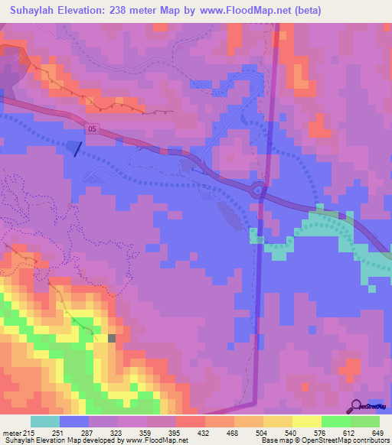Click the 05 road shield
tap(92, 128)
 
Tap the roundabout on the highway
tap(258, 190)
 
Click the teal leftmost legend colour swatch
tap(45, 421)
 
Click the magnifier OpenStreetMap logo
tap(357, 405)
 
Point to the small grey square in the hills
tap(112, 338)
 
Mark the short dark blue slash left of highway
tap(77, 148)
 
